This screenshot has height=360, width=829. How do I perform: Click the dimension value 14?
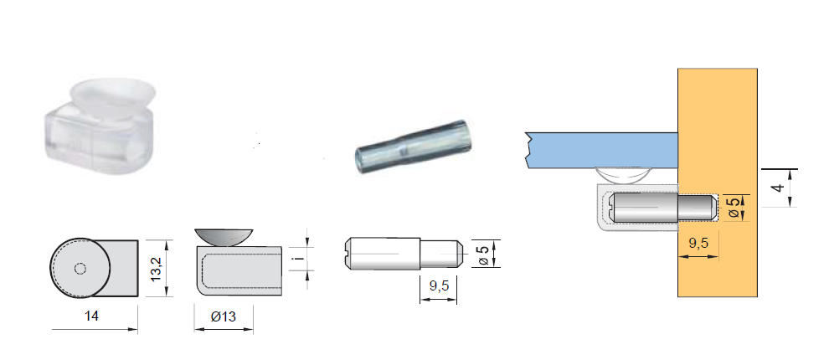91,316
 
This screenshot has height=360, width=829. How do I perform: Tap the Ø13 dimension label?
224,316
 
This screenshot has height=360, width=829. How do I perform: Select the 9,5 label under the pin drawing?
439,285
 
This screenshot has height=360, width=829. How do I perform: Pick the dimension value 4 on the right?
777,188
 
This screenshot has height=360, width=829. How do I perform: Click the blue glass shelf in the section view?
602,150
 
